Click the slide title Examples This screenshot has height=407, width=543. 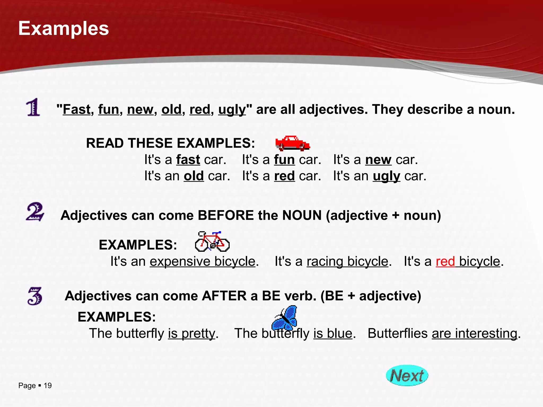[64, 28]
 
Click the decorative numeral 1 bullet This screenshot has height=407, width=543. [33, 107]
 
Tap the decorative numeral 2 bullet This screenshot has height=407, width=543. [35, 212]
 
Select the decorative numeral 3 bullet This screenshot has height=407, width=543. [35, 296]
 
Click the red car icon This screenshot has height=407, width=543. [292, 143]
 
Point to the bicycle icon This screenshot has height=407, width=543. [212, 241]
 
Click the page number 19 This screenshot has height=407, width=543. [48, 386]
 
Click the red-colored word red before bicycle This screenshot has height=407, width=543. [445, 262]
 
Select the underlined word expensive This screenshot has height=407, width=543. [180, 262]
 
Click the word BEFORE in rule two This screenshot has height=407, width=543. [226, 215]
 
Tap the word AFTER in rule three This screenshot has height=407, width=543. [224, 296]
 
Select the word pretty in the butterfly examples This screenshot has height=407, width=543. [198, 334]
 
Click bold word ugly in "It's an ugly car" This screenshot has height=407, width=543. [386, 176]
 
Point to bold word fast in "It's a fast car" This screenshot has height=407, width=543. [188, 160]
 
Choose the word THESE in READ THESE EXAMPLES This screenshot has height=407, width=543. [150, 143]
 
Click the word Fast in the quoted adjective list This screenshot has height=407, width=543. [77, 109]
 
